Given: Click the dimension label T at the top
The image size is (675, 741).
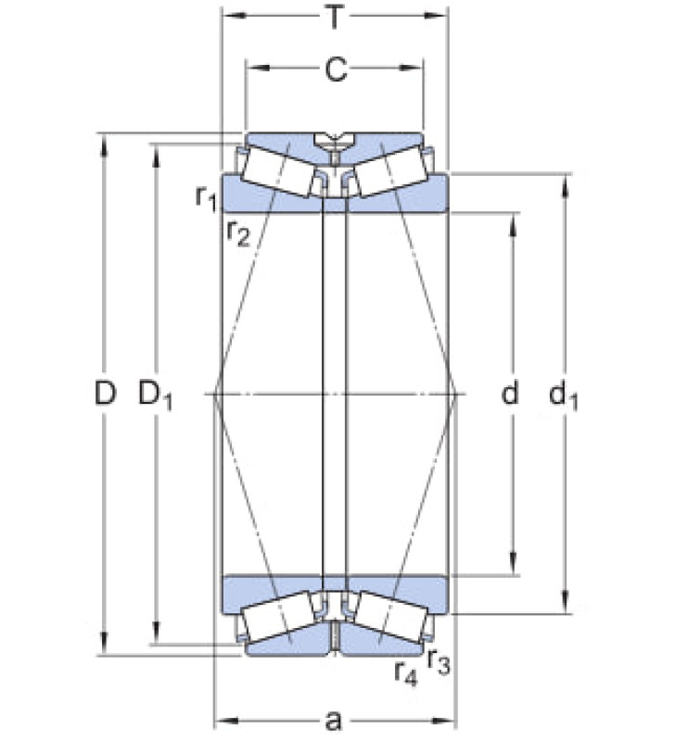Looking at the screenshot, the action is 335,18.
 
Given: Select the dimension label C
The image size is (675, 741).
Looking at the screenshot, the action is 336,70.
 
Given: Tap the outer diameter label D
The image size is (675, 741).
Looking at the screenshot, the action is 105,393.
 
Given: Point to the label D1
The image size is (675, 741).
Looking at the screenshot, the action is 155,396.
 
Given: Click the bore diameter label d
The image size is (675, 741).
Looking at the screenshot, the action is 510,393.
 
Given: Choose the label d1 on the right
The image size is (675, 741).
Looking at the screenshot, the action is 563,396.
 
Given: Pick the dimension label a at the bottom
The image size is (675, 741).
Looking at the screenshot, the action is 334,722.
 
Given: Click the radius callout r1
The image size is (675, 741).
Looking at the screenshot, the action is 206,197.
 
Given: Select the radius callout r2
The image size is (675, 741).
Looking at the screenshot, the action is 237,233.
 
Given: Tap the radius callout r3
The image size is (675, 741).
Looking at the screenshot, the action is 439,661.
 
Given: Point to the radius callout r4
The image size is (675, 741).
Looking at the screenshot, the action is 406,672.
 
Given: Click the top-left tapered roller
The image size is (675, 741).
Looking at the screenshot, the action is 277,170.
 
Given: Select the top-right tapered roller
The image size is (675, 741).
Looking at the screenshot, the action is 390,170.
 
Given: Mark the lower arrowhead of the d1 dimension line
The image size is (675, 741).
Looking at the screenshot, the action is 565,603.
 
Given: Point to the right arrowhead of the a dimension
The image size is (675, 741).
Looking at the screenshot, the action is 443,721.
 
